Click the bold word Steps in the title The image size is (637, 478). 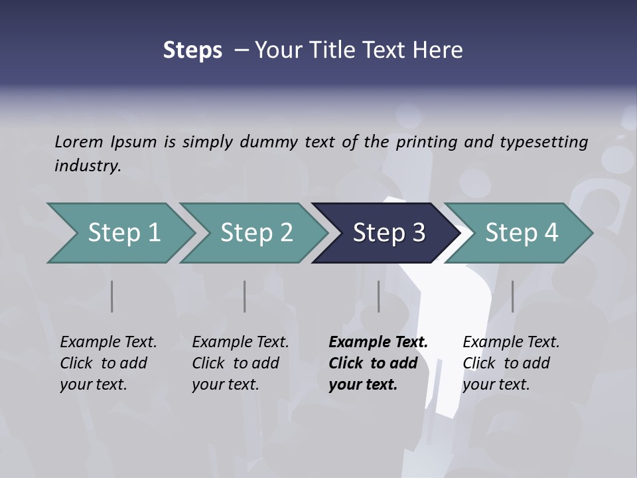192,50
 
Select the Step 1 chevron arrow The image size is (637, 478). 119,233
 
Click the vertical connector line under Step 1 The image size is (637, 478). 112,296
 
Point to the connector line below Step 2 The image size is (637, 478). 245,296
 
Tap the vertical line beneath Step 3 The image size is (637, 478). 379,296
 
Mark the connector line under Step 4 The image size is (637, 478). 512,296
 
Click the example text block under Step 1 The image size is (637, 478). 108,363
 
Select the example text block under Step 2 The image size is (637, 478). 240,363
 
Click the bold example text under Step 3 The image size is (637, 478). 378,363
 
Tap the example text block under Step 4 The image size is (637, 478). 511,363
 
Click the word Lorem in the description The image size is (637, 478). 79,142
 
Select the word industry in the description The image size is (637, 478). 87,166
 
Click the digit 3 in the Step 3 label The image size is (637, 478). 418,233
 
